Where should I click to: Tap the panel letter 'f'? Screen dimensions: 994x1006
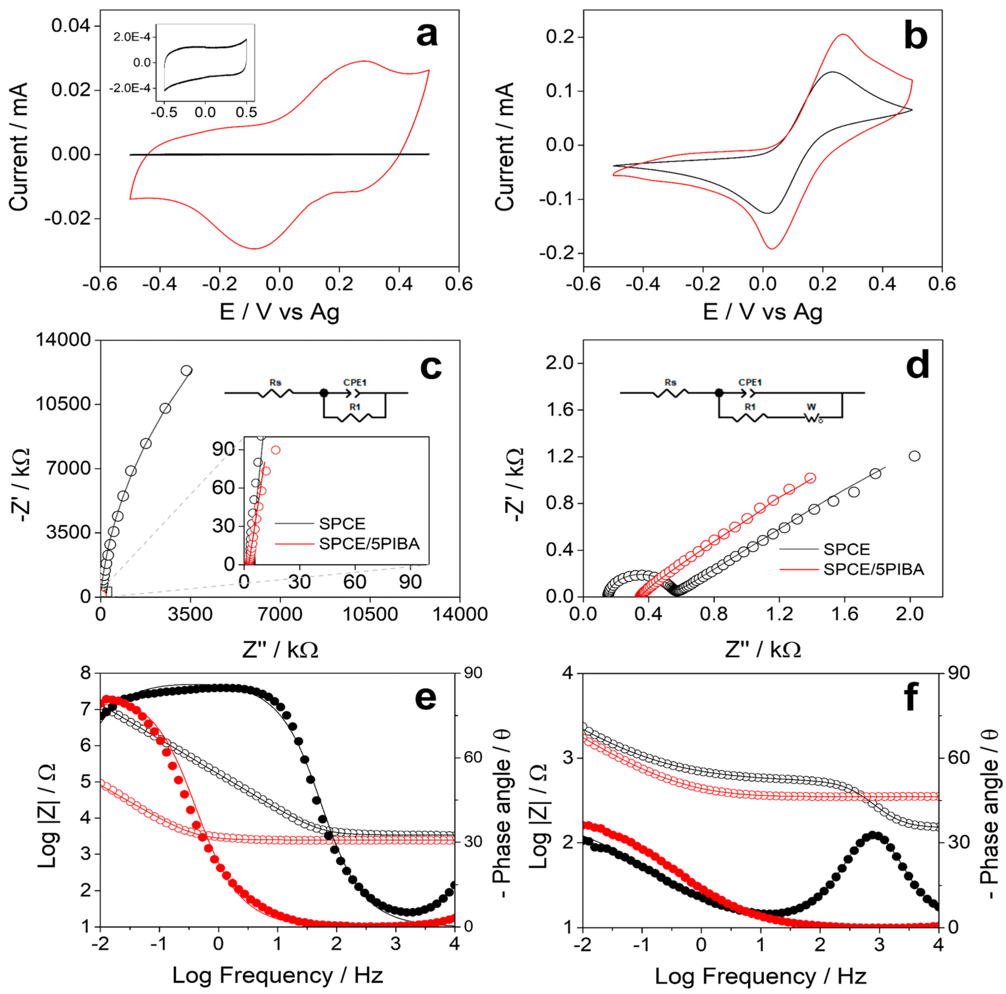click(910, 698)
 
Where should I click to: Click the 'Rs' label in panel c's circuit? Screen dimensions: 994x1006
click(276, 383)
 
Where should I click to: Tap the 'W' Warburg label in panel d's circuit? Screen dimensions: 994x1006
click(811, 407)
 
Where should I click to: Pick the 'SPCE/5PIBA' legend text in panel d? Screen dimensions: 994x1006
click(874, 570)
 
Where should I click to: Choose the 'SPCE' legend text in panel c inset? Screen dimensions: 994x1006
click(342, 523)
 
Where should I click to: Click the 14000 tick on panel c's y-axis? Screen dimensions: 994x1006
click(62, 341)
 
